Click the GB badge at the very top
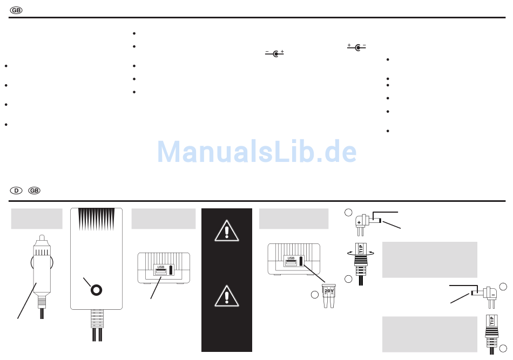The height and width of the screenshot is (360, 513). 16,10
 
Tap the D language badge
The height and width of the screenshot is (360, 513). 16,191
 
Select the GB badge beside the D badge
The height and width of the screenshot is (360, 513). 34,191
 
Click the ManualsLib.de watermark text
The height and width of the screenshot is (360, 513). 257,151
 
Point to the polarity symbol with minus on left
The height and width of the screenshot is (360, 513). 274,53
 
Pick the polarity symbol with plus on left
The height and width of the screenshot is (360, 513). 356,47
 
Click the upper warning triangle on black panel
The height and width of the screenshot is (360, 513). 227,231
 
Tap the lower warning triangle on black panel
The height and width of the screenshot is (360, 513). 227,296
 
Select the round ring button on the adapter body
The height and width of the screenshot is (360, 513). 97,290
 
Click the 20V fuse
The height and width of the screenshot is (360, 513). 329,296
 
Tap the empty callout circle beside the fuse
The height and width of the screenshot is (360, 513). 315,295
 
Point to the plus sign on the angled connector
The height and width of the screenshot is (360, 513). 359,222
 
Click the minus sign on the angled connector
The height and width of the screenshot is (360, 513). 493,295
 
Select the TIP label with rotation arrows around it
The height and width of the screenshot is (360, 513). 361,248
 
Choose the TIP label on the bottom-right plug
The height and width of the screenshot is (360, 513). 492,321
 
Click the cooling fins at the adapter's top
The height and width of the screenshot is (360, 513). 97,219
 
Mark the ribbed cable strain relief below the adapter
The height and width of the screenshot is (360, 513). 97,318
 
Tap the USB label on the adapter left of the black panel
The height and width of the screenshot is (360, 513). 160,267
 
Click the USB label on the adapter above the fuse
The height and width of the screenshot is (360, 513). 291,259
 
